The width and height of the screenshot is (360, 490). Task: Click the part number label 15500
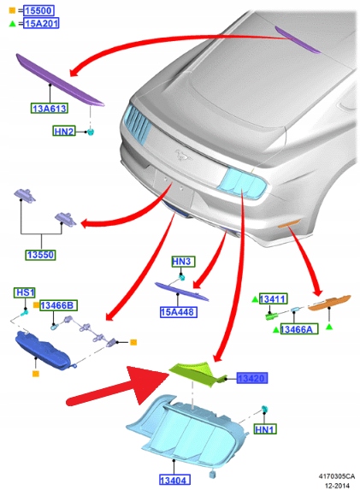(38, 10)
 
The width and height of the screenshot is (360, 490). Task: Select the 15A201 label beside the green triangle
(41, 23)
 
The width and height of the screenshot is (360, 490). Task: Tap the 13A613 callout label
(50, 109)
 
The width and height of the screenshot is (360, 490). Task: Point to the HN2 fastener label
(64, 131)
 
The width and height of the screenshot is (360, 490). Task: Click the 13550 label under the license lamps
(41, 255)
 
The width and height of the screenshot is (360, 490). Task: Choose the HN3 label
(184, 262)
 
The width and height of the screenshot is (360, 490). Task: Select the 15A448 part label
(179, 312)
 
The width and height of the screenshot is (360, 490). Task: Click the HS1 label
(25, 292)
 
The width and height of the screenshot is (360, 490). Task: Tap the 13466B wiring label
(58, 305)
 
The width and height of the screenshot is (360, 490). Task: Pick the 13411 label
(273, 299)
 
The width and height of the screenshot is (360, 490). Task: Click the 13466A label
(299, 329)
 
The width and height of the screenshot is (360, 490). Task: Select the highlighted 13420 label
(252, 379)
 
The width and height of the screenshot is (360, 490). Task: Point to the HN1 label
(265, 429)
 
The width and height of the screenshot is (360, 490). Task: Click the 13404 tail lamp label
(174, 480)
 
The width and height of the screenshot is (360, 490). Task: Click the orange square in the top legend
(12, 10)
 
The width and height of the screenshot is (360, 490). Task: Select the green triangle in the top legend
(12, 23)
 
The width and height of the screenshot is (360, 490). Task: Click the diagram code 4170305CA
(337, 476)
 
